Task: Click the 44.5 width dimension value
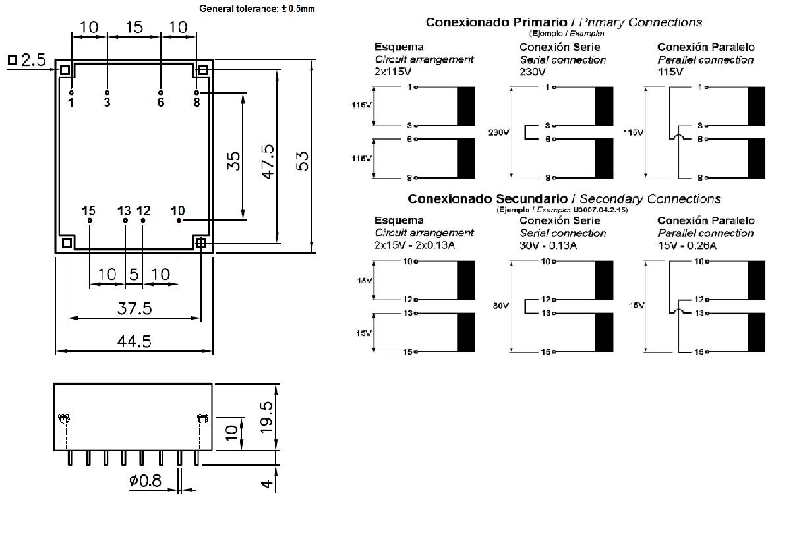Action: tap(134, 341)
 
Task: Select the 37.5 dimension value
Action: tap(134, 308)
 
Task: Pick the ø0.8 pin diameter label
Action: tap(145, 481)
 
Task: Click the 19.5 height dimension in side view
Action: tap(266, 414)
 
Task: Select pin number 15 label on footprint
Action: tap(88, 211)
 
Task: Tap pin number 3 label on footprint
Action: tap(107, 102)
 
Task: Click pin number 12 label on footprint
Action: tap(144, 211)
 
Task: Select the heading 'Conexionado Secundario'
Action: tap(487, 198)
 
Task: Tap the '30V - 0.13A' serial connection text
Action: tap(548, 245)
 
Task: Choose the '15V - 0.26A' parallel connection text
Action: tap(687, 245)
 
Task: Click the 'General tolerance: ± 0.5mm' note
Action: tap(257, 9)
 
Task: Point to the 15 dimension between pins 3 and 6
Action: tap(134, 28)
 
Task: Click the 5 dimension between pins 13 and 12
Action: tap(134, 274)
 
